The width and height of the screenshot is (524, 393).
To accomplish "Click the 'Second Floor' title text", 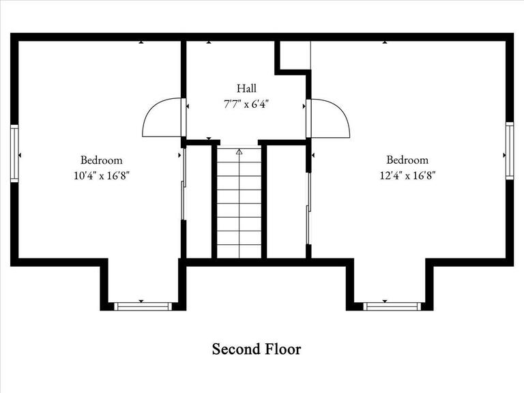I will coord(256,349).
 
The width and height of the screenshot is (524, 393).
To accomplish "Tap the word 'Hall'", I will coord(247,88).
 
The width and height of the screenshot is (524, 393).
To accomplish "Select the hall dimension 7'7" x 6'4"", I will coord(247,104).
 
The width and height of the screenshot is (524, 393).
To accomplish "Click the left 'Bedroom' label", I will coord(101,160).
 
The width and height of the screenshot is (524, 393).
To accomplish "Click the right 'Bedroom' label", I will coord(407,160).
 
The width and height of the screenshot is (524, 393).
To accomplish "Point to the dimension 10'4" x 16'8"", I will coord(101,175).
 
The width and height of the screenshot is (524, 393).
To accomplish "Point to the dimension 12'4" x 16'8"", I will coord(407,175).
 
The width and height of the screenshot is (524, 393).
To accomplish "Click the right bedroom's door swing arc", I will coord(332,117).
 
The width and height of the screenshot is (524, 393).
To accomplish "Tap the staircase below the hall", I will coord(239,205).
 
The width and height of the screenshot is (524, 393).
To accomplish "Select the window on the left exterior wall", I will coord(14,154).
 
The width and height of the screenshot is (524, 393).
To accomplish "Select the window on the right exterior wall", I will coord(509,150).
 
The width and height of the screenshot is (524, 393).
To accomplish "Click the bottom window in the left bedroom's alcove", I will coord(143,306).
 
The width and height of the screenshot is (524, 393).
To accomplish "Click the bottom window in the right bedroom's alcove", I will coord(392,306).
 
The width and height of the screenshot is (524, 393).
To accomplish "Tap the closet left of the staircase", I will coord(199,201).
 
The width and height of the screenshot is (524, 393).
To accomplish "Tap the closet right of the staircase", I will coord(287,201).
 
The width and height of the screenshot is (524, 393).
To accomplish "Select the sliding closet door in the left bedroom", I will coord(183,184).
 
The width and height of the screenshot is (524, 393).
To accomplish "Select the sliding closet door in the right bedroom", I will coord(308,208).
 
